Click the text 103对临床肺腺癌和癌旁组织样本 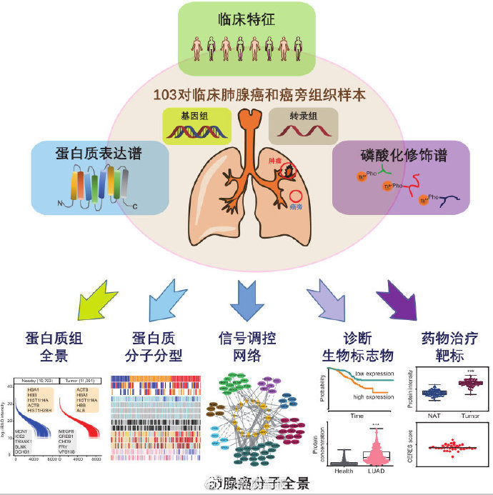(247, 93)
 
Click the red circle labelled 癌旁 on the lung (297, 196)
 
